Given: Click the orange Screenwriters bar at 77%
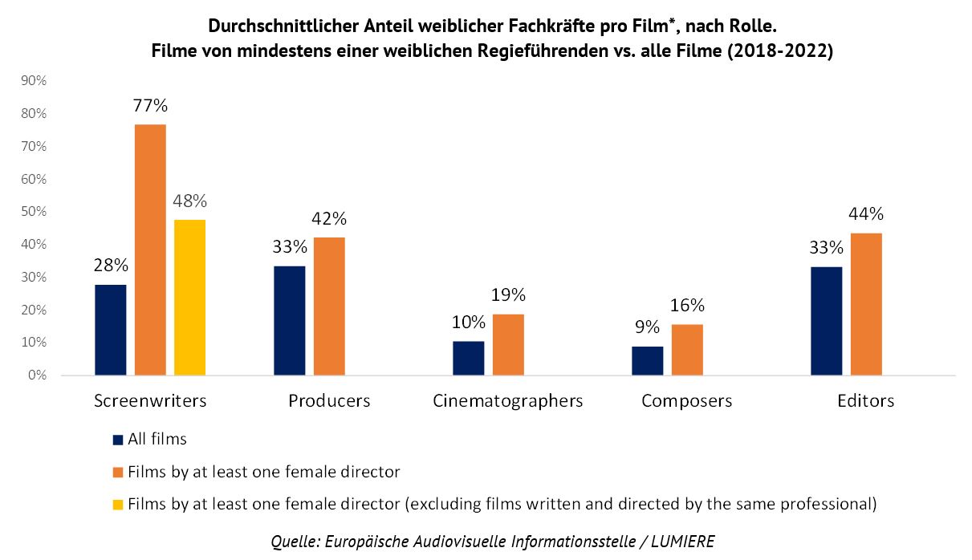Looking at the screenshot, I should (x=150, y=250).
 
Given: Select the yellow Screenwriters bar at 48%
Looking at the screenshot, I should (x=189, y=297).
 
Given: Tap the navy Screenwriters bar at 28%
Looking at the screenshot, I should (x=110, y=330).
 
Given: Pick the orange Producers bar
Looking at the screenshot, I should (x=329, y=306).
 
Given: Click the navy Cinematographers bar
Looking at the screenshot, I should (x=468, y=358).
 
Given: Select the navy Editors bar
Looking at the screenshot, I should (x=826, y=321).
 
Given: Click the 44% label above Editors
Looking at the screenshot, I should (x=865, y=214).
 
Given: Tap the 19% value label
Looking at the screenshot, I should (x=508, y=295).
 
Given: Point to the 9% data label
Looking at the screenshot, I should (x=646, y=327).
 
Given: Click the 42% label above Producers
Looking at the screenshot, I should (x=329, y=218).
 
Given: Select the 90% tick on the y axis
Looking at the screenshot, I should (x=35, y=81).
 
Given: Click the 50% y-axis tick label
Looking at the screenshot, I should (x=35, y=212).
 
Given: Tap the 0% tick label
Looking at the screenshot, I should (x=38, y=375).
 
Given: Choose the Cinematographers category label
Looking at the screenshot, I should (x=507, y=400).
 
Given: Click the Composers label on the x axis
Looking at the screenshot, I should (x=686, y=400).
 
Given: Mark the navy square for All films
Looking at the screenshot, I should (x=117, y=440).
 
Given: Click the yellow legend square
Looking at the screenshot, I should (x=117, y=505).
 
